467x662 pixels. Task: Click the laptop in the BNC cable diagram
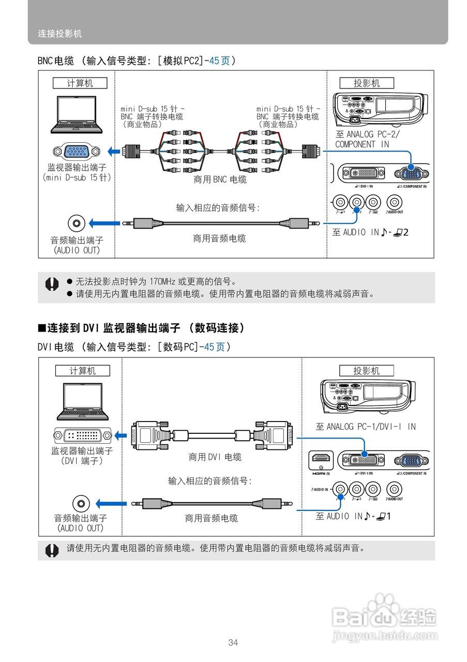(77, 114)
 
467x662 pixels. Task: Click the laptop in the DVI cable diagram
(83, 401)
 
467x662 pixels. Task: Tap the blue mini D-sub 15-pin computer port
(77, 152)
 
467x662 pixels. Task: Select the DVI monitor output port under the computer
(83, 435)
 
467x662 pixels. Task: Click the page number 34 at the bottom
(233, 643)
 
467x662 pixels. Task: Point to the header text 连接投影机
(60, 34)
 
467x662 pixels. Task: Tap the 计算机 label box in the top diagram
(80, 83)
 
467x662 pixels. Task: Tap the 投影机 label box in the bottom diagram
(366, 371)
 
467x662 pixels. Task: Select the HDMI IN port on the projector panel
(321, 459)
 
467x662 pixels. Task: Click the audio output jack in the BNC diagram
(77, 223)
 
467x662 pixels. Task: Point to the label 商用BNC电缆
(220, 179)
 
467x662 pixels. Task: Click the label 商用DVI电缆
(215, 457)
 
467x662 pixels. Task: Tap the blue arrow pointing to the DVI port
(120, 435)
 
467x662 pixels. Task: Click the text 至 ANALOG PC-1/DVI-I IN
(366, 427)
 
